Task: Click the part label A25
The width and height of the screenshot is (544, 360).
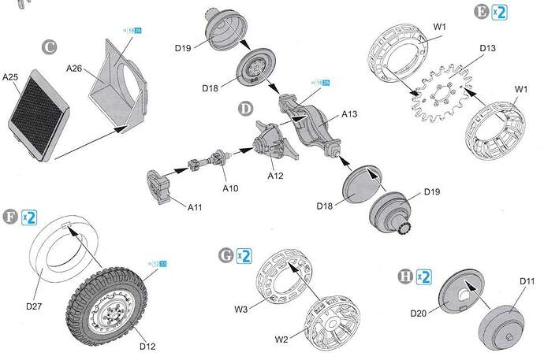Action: [x=10, y=77]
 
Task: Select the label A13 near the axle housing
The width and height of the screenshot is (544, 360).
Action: [x=350, y=114]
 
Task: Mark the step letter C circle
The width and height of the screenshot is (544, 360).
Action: [x=50, y=47]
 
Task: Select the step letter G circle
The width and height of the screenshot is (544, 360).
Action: [x=225, y=255]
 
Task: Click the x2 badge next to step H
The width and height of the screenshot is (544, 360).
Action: [x=425, y=276]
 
